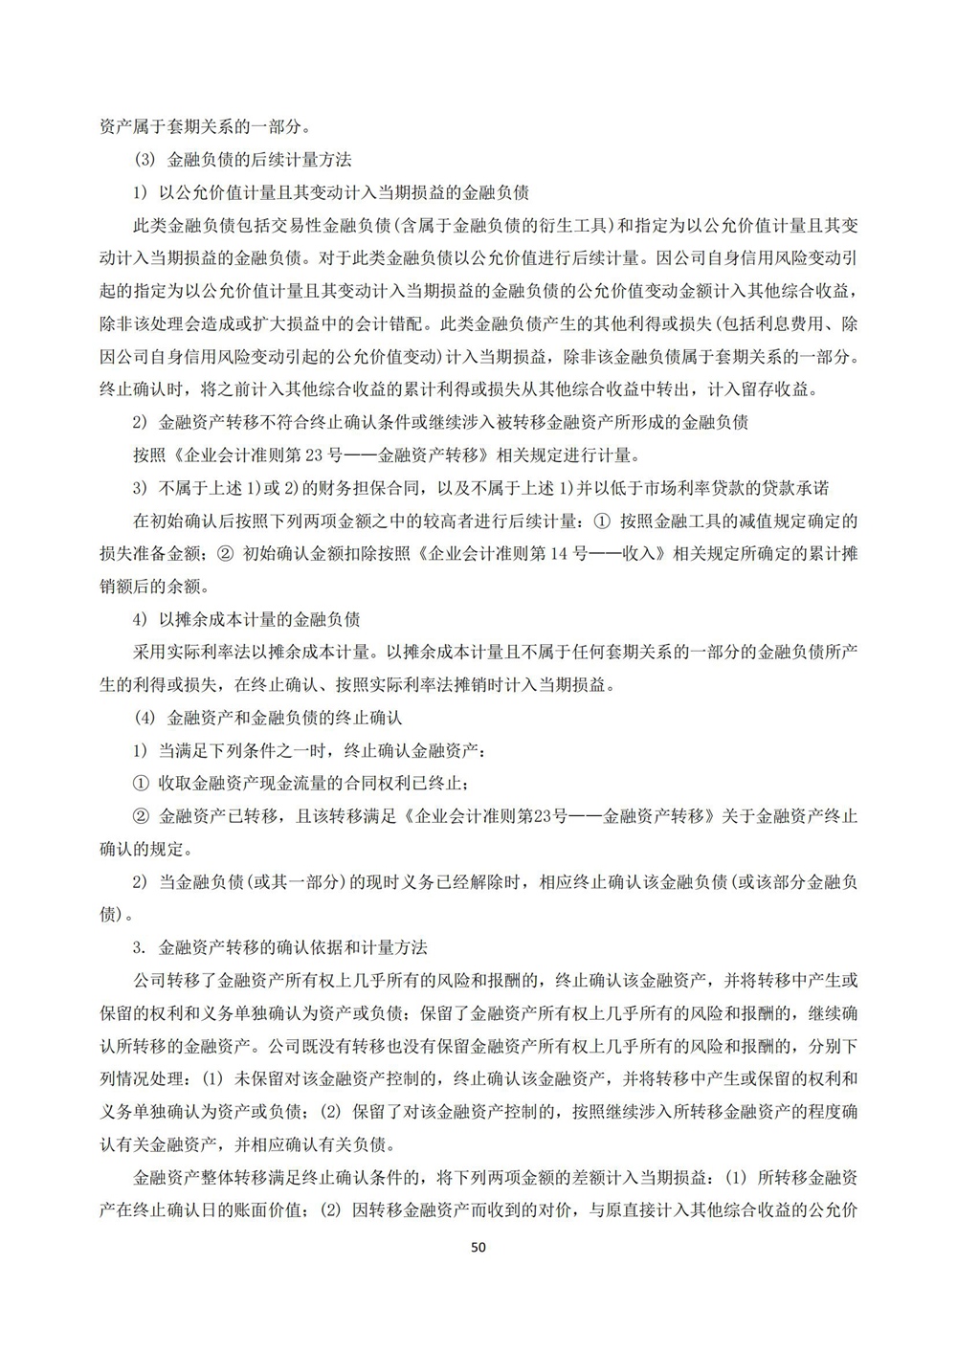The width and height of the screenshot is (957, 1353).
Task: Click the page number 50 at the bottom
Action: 479,1247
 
